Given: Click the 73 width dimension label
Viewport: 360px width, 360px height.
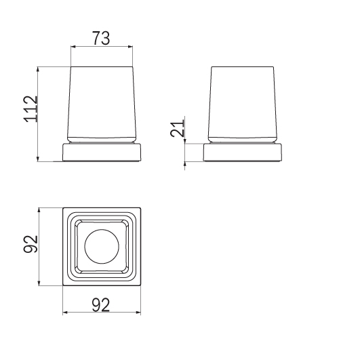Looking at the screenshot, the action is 101,38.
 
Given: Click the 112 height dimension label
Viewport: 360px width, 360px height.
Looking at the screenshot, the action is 31,109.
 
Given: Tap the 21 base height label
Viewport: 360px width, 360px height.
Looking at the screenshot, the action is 177,128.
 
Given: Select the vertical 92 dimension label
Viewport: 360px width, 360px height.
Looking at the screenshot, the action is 31,244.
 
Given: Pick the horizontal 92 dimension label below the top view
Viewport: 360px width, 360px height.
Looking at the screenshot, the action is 101,305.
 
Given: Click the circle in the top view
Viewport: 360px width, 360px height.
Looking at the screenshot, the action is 102,246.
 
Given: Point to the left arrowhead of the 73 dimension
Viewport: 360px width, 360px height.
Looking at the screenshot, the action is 73,47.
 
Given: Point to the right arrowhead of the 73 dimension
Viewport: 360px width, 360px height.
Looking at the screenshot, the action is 130,47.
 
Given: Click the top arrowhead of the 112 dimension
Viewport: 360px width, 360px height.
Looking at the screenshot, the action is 38,69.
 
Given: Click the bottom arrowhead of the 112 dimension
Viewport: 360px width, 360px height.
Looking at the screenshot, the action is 38,159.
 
